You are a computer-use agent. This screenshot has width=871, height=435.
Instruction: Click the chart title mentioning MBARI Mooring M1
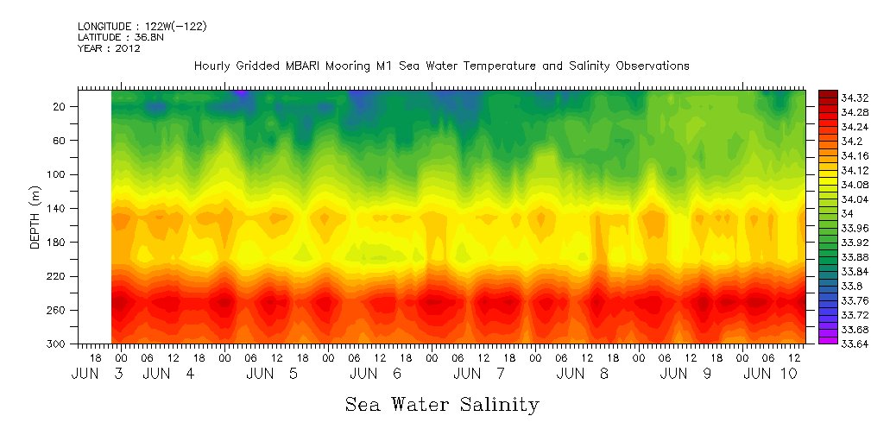point(441,66)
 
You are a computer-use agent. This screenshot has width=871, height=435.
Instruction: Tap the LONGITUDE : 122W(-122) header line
point(142,26)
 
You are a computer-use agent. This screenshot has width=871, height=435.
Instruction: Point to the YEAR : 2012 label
point(109,48)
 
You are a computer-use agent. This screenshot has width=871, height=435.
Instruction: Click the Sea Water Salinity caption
point(442,405)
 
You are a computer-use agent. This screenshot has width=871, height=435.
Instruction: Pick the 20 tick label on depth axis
point(60,106)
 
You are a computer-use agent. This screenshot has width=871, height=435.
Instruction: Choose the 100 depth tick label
point(58,174)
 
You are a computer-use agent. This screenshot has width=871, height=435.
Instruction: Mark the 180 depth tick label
point(58,243)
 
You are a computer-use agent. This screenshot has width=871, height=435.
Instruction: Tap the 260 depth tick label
point(58,310)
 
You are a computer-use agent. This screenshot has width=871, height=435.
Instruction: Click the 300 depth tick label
point(58,344)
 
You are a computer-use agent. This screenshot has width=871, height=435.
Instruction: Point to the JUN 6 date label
point(376,374)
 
